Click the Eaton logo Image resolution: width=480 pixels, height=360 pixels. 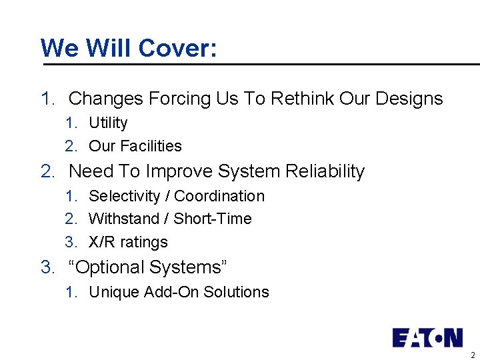(x=427, y=337)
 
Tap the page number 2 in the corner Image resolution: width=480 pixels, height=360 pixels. (x=473, y=355)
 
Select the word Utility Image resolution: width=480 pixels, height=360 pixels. (x=108, y=123)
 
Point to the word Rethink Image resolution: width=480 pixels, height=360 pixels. (x=303, y=99)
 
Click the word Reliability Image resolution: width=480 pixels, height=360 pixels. (x=325, y=171)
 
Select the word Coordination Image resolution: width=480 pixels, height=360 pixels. (x=219, y=196)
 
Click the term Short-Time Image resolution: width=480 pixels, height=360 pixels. (x=213, y=219)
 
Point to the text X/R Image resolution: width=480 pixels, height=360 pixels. (x=102, y=242)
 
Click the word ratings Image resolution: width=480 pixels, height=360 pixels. (x=144, y=243)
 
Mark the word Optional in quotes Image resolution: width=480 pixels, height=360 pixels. (x=110, y=267)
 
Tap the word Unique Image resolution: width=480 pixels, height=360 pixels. (x=114, y=292)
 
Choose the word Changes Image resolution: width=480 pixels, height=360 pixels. (x=106, y=99)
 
